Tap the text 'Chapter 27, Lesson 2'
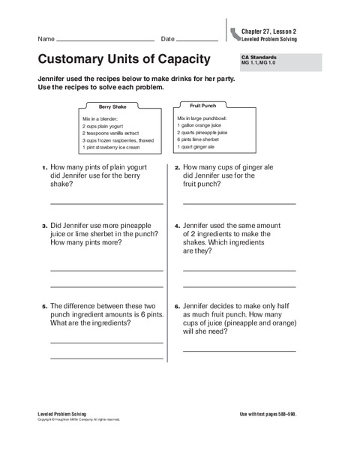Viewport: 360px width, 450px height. pyautogui.click(x=269, y=31)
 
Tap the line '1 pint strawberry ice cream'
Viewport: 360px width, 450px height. pyautogui.click(x=115, y=147)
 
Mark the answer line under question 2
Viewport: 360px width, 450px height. pyautogui.click(x=239, y=203)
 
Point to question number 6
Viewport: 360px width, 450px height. pyautogui.click(x=176, y=306)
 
